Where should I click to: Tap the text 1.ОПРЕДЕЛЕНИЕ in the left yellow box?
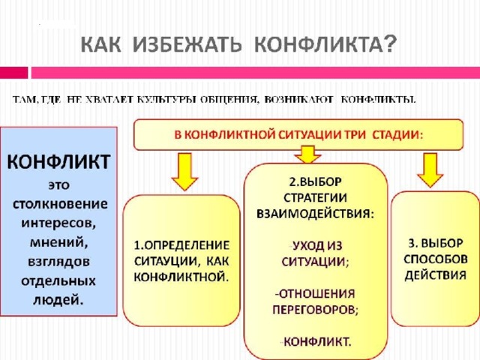click(x=182, y=245)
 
